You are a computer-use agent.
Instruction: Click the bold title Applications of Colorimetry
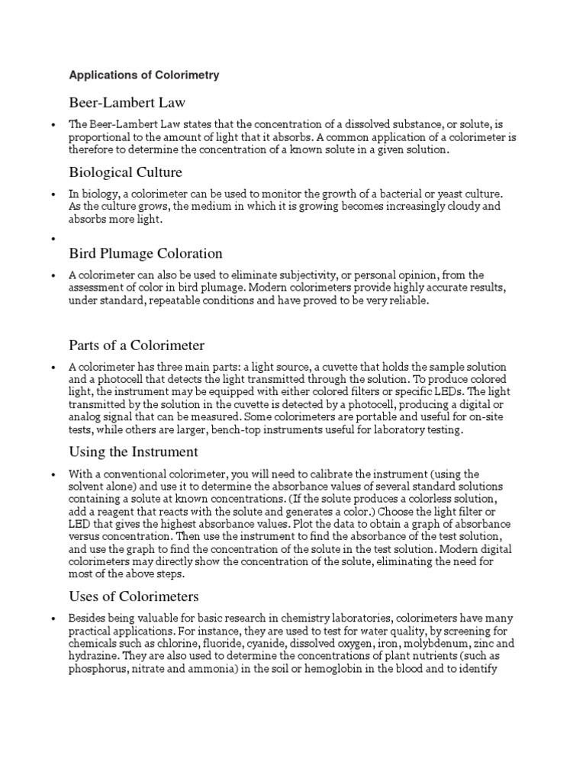144,76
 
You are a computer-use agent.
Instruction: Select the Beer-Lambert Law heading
127,102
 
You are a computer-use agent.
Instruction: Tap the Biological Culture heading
125,172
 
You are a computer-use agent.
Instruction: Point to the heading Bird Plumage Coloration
146,253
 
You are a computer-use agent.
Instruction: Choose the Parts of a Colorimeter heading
137,346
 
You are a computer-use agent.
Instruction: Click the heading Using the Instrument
134,452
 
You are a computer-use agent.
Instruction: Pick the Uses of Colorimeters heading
134,596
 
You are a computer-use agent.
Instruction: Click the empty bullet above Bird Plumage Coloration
53,239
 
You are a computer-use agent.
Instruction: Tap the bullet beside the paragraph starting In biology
53,194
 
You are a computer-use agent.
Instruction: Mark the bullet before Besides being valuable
53,618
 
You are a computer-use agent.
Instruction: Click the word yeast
439,194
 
